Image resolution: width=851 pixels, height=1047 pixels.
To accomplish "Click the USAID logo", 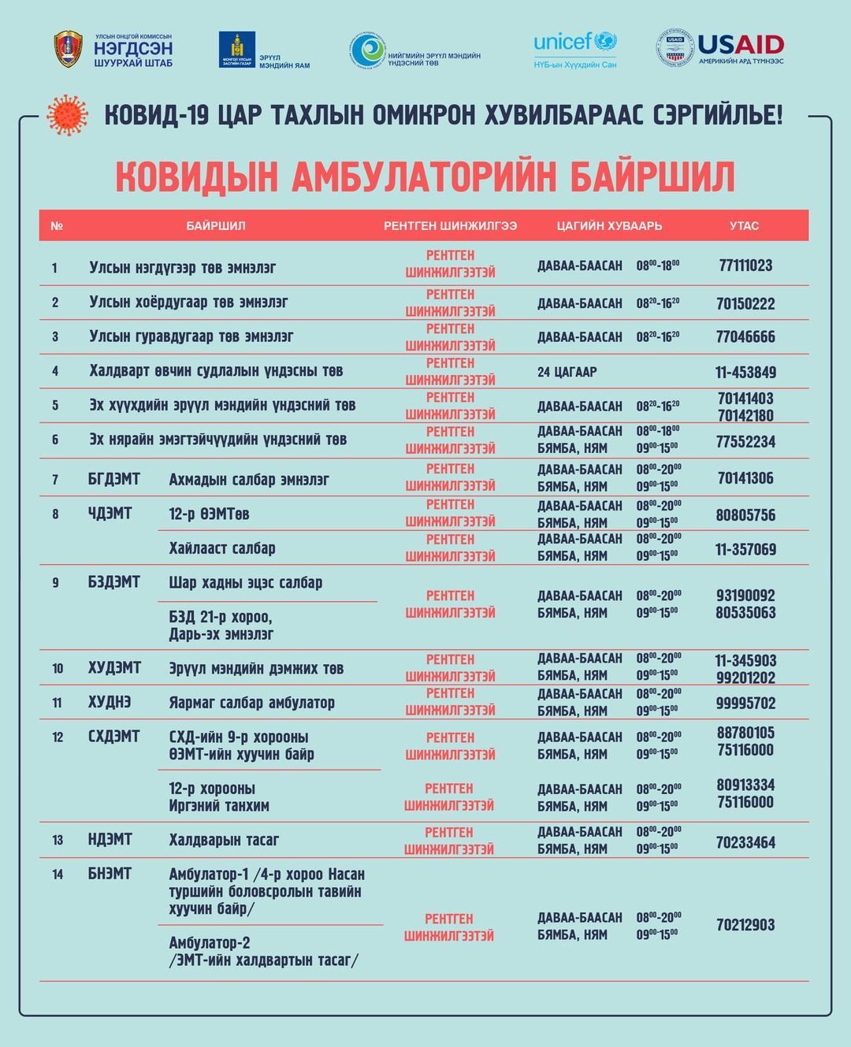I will pyautogui.click(x=720, y=47).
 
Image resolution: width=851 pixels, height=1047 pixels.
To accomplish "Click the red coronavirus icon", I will pyautogui.click(x=67, y=115).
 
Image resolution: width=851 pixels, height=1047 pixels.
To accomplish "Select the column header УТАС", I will pyautogui.click(x=744, y=226).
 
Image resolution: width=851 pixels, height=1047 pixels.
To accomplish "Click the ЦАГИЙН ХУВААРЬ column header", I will pyautogui.click(x=609, y=226).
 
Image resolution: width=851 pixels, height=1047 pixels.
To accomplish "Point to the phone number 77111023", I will pyautogui.click(x=745, y=265).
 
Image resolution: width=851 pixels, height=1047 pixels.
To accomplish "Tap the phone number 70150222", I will pyautogui.click(x=745, y=303).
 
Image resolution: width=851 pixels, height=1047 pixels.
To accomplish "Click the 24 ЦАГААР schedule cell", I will pyautogui.click(x=567, y=372).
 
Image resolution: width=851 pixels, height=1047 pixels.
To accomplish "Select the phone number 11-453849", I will pyautogui.click(x=745, y=372).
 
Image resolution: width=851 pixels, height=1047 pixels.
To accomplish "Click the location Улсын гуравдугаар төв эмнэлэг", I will pyautogui.click(x=191, y=336).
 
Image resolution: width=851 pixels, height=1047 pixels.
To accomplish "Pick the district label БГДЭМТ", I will pyautogui.click(x=113, y=479).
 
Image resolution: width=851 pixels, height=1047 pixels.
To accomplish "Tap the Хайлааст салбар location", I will pyautogui.click(x=222, y=548).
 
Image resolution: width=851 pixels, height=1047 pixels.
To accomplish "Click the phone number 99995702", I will pyautogui.click(x=745, y=703).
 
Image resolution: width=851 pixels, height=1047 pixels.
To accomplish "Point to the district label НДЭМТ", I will pyautogui.click(x=110, y=840).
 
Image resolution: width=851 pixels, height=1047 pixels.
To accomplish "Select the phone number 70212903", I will pyautogui.click(x=745, y=925).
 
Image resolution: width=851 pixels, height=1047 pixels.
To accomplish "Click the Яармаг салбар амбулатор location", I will pyautogui.click(x=251, y=703).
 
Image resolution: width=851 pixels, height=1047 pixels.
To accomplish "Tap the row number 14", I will pyautogui.click(x=58, y=874).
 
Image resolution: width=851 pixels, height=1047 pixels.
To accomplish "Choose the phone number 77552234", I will pyautogui.click(x=745, y=442).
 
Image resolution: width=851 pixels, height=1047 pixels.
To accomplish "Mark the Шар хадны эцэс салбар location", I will pyautogui.click(x=245, y=583).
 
